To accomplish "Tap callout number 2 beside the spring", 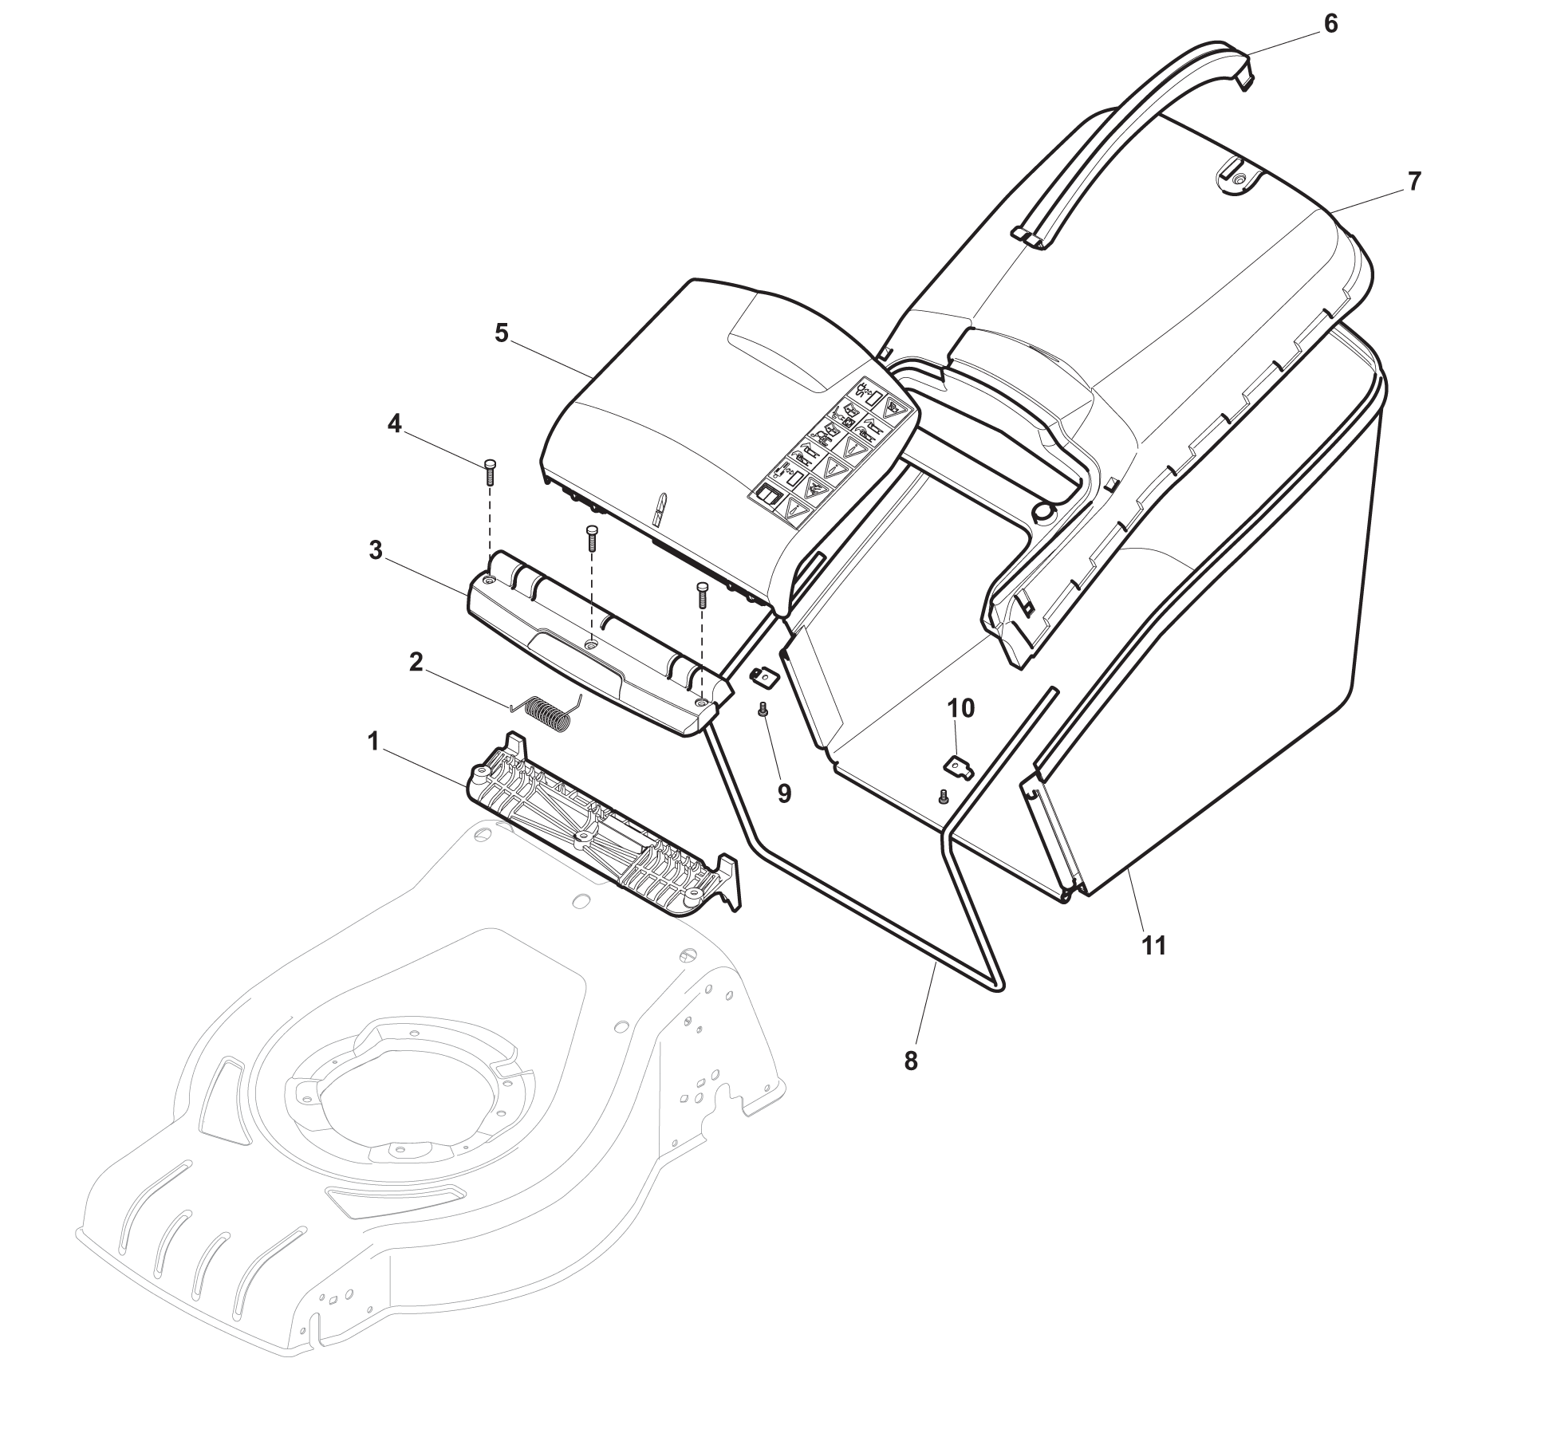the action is [416, 663].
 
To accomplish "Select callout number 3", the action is [376, 551].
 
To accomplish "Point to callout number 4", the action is [394, 424].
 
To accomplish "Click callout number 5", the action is [501, 333].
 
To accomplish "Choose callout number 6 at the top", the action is [1330, 24].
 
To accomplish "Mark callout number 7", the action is [1414, 182].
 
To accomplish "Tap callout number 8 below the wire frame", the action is [911, 1061].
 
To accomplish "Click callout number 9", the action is [784, 793].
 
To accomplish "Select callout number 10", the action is [961, 708].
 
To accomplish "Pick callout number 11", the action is [1154, 946].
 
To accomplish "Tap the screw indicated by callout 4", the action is [490, 473].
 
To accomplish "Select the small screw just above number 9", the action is [763, 709].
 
